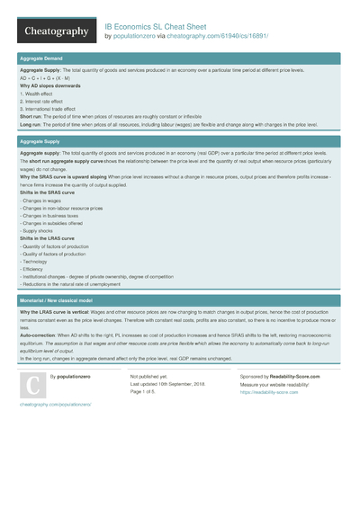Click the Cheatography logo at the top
pyautogui.click(x=55, y=31)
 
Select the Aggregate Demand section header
pyautogui.click(x=41, y=58)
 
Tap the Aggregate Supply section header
pyautogui.click(x=40, y=141)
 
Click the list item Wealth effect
pyautogui.click(x=37, y=94)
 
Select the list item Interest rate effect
pyautogui.click(x=41, y=102)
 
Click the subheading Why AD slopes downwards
pyautogui.click(x=49, y=86)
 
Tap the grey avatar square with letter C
pyautogui.click(x=32, y=384)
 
